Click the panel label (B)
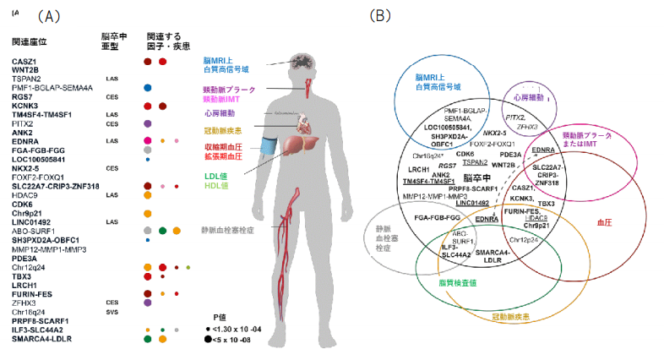tap(382, 16)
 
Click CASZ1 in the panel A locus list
tap(24, 62)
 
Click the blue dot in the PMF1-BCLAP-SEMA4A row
tap(148, 88)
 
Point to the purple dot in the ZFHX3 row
tap(148, 302)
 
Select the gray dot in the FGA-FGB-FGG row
tap(148, 150)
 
